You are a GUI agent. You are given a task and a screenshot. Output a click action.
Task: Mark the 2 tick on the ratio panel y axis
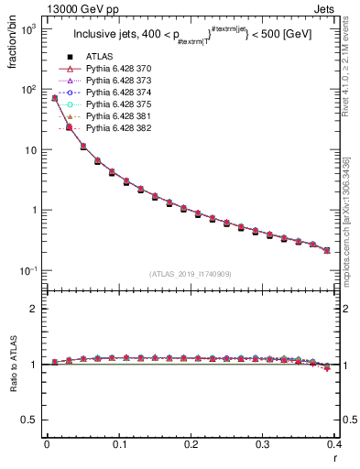(x=35, y=309)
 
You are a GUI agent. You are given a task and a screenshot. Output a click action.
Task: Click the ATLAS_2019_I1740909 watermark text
(x=190, y=274)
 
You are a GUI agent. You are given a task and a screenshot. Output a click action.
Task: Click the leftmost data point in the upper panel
(x=55, y=98)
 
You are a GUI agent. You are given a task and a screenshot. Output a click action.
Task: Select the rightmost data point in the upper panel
(x=327, y=250)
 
